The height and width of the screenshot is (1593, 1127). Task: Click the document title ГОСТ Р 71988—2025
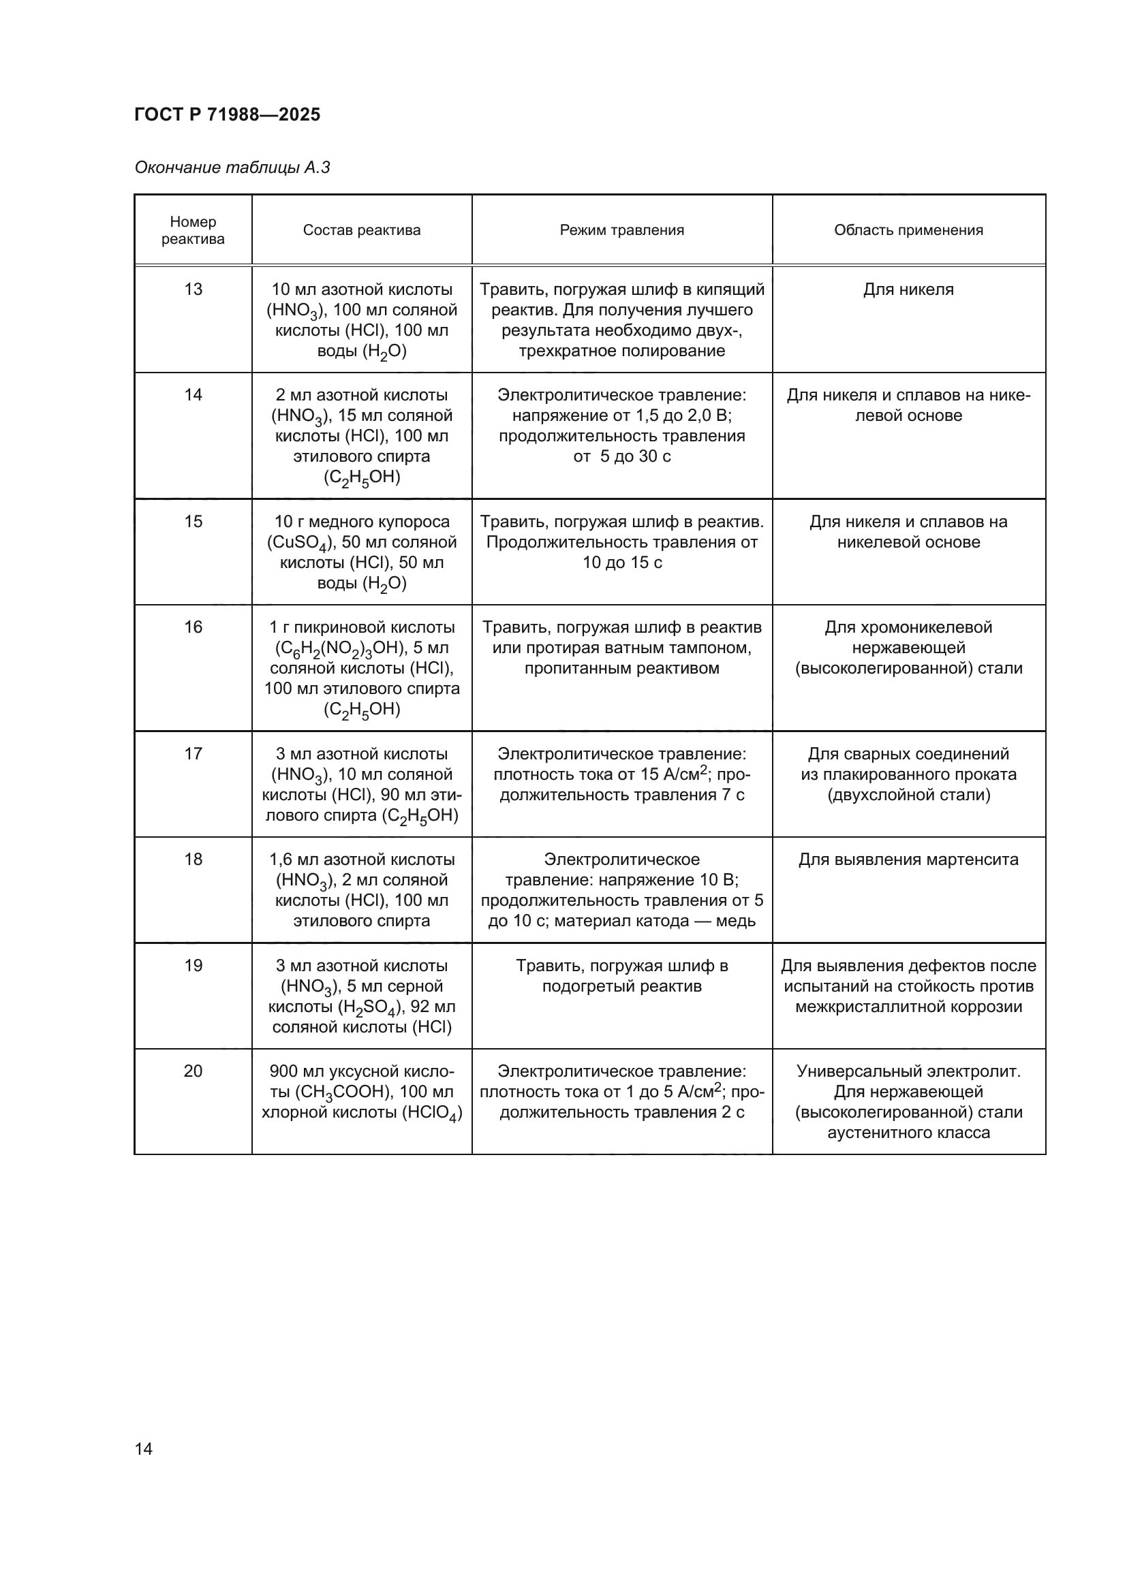click(x=227, y=114)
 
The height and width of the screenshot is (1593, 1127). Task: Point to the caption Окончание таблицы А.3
click(x=232, y=168)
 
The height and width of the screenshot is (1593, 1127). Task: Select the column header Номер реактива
click(x=193, y=230)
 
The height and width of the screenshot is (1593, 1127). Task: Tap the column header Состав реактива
click(x=362, y=230)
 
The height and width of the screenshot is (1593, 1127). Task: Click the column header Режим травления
click(x=622, y=230)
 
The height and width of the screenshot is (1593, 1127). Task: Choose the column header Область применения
click(x=908, y=230)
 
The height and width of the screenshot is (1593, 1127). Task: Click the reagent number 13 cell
click(x=193, y=289)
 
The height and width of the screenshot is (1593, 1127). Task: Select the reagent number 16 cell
click(x=193, y=627)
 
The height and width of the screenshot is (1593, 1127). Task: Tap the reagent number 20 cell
click(x=193, y=1071)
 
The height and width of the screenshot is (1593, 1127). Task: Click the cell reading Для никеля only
click(x=908, y=289)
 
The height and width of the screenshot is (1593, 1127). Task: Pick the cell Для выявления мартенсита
click(x=908, y=859)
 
